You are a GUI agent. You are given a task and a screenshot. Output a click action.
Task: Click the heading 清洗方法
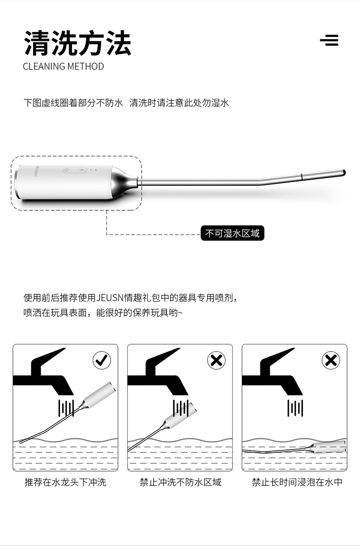(77, 43)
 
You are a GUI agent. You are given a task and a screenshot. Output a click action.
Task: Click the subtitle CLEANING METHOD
(63, 66)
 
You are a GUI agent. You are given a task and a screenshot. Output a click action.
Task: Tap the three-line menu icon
(329, 40)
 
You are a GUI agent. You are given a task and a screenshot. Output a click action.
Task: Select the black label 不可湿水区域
(232, 233)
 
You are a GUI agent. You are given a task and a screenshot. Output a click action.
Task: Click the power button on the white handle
(67, 170)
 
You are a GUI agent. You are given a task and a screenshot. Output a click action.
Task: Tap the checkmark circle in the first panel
(102, 361)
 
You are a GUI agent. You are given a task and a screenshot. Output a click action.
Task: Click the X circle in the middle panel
(216, 361)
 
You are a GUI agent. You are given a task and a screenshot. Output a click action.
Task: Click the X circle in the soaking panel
(331, 361)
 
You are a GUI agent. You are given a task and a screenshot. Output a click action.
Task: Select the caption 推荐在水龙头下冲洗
(65, 482)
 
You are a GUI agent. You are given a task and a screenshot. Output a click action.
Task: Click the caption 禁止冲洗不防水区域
(180, 482)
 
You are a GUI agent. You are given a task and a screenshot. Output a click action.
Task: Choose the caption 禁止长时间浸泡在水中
(297, 482)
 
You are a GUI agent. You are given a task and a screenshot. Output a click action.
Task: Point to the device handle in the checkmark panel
(99, 395)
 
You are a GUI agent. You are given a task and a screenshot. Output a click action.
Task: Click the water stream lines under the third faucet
(295, 408)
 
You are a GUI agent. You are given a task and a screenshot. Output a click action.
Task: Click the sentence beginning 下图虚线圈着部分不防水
(73, 103)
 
